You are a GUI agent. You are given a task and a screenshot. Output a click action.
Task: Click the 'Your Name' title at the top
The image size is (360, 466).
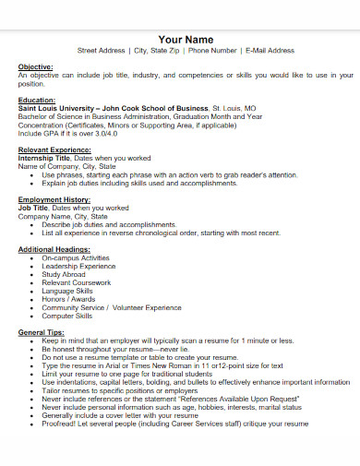tap(186, 40)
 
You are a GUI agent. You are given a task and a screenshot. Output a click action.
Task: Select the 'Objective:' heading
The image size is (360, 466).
tap(36, 66)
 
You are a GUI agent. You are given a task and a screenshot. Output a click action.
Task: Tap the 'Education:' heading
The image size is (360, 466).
tap(37, 100)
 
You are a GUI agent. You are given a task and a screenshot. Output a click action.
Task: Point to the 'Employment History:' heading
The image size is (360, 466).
tap(54, 199)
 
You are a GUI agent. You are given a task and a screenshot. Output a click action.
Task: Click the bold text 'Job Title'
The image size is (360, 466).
tap(32, 207)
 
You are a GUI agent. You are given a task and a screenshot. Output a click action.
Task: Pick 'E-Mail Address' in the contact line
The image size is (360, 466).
tap(270, 51)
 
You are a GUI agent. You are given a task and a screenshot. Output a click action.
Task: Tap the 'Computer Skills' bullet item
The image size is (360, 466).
tap(66, 315)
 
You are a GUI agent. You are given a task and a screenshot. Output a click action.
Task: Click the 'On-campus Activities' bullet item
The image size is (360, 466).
tap(75, 257)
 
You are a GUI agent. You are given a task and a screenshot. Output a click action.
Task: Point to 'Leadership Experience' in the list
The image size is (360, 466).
tap(77, 266)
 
